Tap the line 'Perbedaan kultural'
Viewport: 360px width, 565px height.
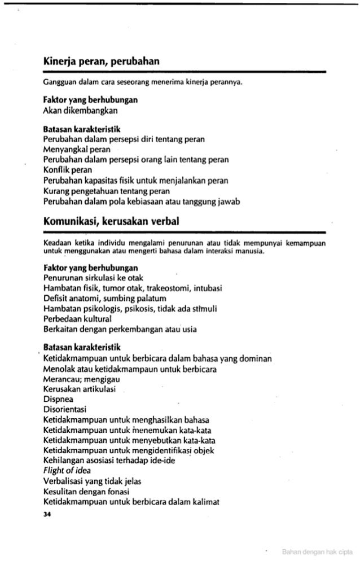(78, 319)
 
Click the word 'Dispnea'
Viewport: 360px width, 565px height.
(58, 399)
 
